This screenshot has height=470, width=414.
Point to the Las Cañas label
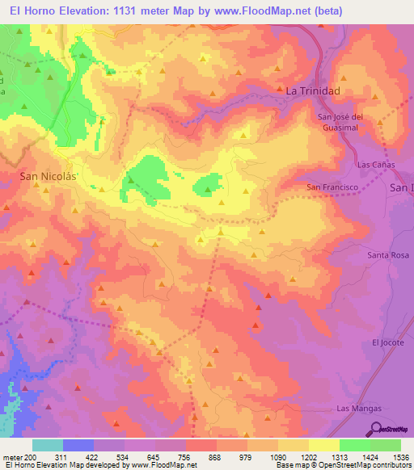[374, 164]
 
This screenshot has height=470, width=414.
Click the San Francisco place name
[332, 187]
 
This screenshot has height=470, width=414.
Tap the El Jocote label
[386, 342]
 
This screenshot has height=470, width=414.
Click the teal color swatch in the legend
[48, 445]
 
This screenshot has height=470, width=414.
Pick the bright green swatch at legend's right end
[385, 445]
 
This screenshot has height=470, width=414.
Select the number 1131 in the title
[130, 11]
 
